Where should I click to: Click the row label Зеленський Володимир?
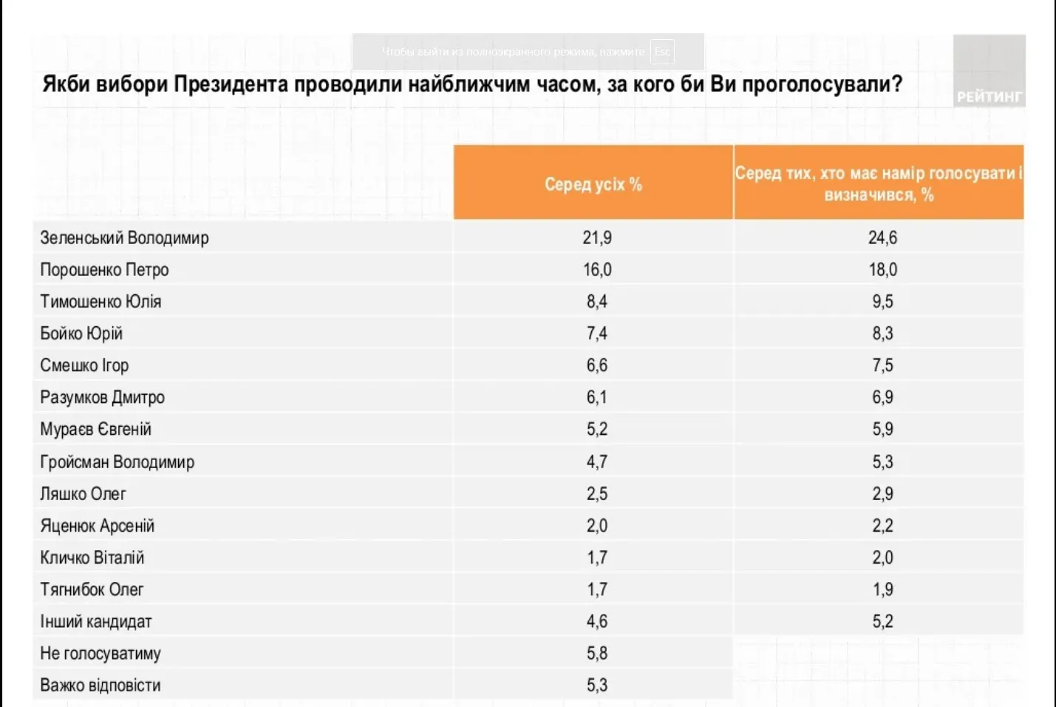pos(124,238)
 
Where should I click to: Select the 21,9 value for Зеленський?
pos(597,238)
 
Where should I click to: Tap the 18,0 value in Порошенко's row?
pos(882,270)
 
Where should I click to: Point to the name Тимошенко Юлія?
pos(101,302)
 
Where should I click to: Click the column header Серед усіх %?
pos(593,184)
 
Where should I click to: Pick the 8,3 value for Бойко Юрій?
pos(882,334)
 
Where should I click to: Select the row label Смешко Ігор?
pos(84,365)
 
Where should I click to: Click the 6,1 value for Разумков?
pos(597,398)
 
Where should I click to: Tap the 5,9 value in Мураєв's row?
pos(882,430)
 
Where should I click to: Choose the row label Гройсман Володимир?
pos(117,462)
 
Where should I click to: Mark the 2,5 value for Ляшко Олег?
pos(597,494)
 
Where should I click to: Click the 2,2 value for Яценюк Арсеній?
pos(882,526)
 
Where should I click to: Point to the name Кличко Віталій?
pos(92,558)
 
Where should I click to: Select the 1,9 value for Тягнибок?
pos(882,589)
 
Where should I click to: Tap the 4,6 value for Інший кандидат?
pos(597,621)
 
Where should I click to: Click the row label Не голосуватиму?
pos(101,654)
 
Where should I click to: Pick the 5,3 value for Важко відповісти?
pos(597,686)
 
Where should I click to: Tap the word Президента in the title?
pos(231,84)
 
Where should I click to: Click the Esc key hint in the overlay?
pos(662,52)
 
